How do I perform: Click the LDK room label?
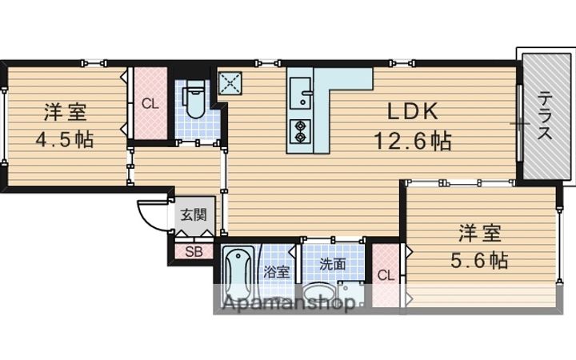tap(412, 110)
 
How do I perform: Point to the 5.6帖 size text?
tap(479, 260)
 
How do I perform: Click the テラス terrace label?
tap(545, 117)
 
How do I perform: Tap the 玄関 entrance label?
tap(193, 214)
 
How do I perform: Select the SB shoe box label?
tap(194, 252)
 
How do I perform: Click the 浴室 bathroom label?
tap(277, 272)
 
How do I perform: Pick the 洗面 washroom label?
tap(333, 264)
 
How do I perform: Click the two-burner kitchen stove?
tap(301, 130)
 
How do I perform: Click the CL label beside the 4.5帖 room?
tap(150, 103)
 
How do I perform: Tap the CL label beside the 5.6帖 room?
tap(386, 276)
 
